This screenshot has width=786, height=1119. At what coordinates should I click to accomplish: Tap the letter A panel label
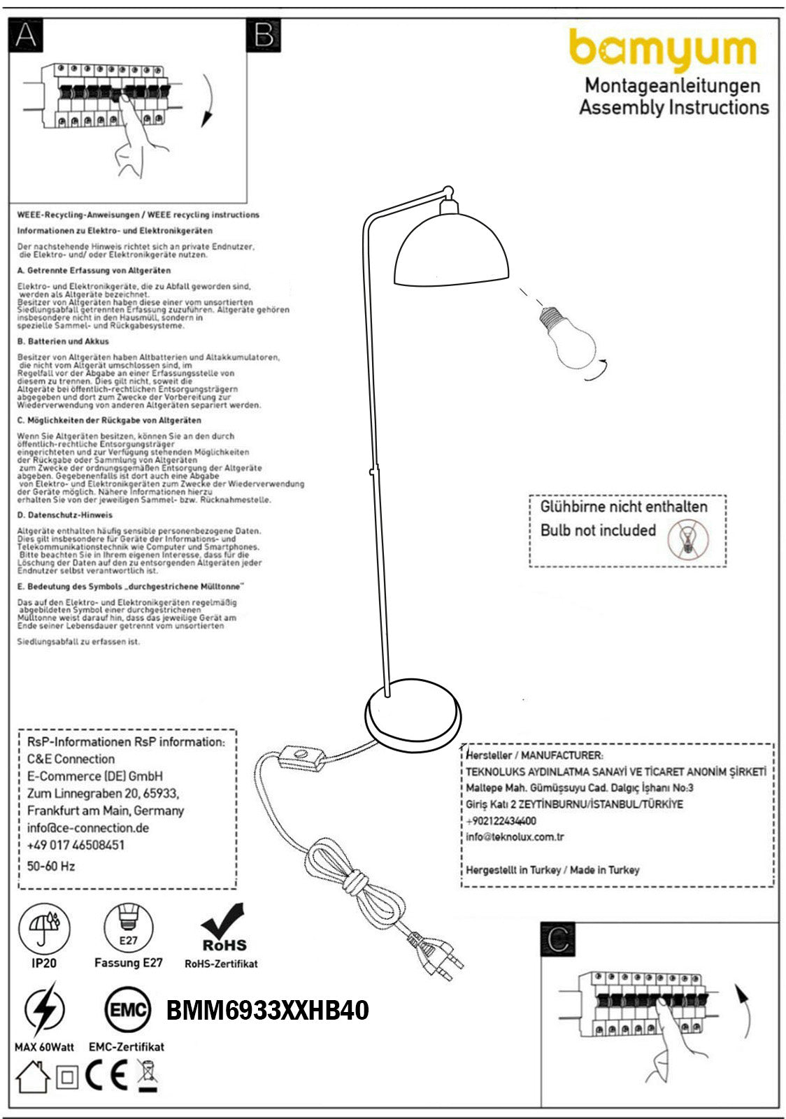click(25, 35)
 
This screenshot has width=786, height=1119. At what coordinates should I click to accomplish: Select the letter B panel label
click(264, 35)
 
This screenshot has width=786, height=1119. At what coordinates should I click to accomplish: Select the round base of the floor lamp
click(413, 715)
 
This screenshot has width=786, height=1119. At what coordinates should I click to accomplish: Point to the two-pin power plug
click(435, 953)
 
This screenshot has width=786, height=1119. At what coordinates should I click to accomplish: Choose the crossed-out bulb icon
click(688, 539)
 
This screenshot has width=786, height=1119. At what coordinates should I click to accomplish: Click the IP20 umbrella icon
click(44, 929)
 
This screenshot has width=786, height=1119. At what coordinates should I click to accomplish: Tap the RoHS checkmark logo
click(224, 929)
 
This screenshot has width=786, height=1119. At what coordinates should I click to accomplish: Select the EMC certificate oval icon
click(127, 1010)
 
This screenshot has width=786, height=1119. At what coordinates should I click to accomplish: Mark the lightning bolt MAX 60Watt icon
click(44, 1010)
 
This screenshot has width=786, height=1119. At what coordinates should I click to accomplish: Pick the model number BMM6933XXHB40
click(267, 1011)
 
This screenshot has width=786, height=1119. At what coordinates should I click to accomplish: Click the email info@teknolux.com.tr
click(515, 836)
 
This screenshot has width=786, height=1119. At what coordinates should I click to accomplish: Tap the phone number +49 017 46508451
click(76, 845)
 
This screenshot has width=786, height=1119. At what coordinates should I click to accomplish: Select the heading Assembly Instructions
click(673, 108)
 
